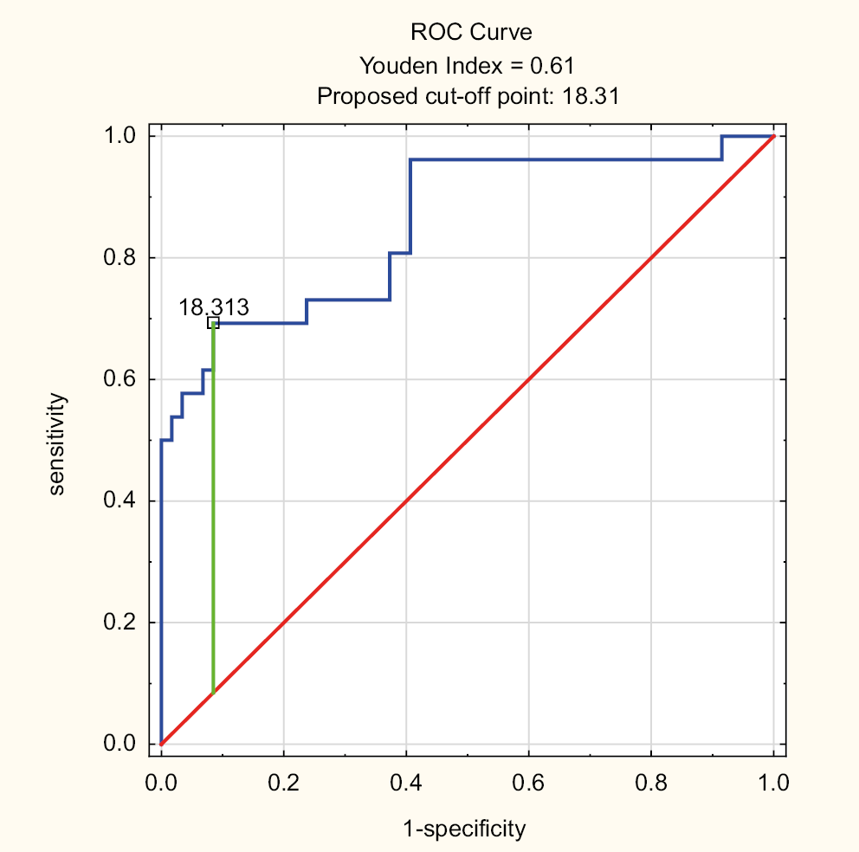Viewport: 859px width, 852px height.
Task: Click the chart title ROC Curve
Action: pos(470,33)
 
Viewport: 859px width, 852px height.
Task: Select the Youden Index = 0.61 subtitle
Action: pos(468,64)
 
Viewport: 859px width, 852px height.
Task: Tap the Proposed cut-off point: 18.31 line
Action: pos(468,95)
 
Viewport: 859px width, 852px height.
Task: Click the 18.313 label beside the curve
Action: pos(214,307)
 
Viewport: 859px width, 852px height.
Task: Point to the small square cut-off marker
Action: pos(213,323)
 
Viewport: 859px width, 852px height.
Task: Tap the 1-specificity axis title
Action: pos(464,829)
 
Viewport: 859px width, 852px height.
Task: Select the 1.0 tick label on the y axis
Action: pos(120,136)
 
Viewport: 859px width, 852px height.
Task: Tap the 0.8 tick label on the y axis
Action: pos(120,258)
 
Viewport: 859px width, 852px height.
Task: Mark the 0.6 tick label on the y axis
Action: pos(120,379)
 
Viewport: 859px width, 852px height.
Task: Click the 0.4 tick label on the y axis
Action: pos(120,501)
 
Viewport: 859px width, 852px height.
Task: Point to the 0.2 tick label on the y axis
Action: pos(120,623)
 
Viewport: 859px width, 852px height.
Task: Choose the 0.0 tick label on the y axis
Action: pos(120,744)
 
